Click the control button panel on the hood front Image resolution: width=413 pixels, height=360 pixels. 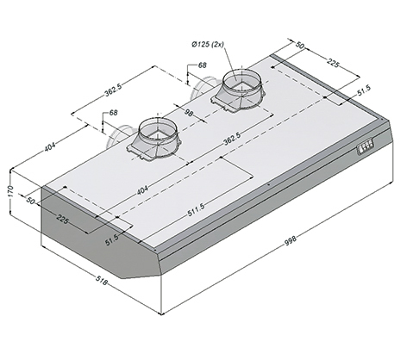366,146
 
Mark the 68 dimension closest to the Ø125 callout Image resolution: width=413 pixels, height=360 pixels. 203,65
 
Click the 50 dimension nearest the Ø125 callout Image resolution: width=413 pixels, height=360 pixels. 301,45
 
